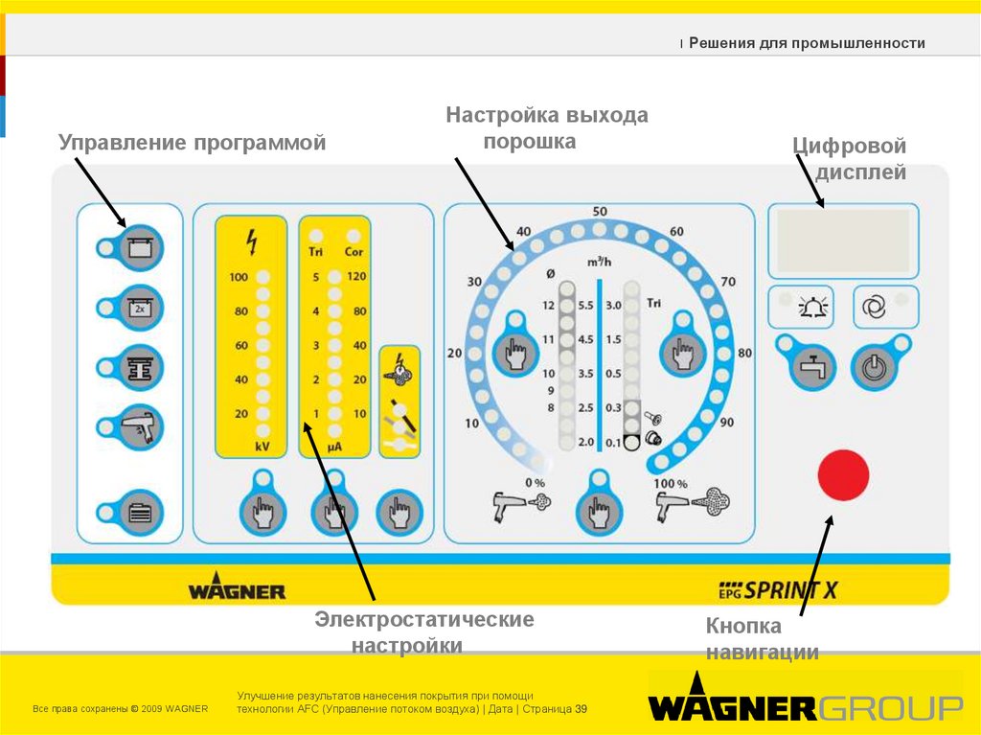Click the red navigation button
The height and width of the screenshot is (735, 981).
point(843,474)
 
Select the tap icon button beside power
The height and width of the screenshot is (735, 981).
point(810,365)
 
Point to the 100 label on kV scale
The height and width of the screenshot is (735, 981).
point(239,278)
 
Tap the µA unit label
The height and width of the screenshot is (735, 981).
point(334,447)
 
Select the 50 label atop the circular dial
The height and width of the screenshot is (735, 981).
point(600,212)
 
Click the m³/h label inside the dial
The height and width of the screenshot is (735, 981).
point(600,262)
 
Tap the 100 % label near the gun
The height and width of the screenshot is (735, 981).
point(671,483)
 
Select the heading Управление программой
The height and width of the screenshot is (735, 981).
point(193,143)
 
